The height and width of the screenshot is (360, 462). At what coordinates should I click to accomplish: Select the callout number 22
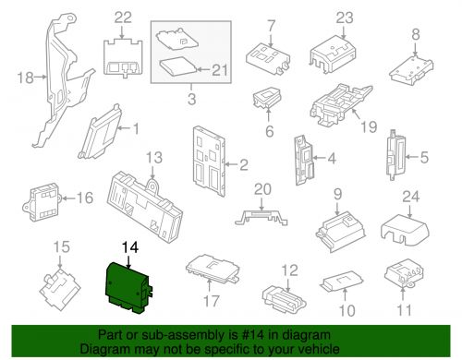pos(123,18)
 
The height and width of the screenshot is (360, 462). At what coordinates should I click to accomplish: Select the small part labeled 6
pos(269,102)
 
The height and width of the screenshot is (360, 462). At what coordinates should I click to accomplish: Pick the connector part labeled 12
pos(279,294)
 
